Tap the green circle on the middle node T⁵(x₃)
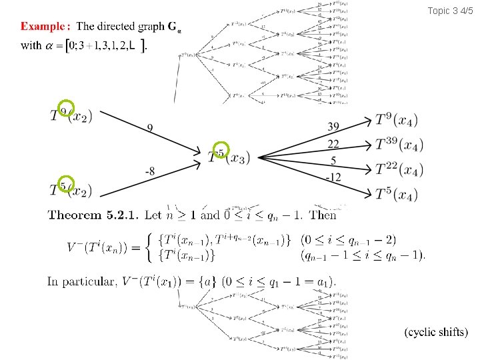[221, 151]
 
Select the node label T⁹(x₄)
[397, 121]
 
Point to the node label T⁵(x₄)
[397, 194]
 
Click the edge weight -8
[151, 172]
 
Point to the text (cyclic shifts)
[437, 332]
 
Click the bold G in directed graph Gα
[172, 27]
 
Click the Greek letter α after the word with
[49, 45]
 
